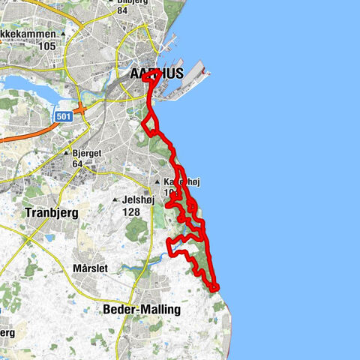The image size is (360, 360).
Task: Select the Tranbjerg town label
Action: point(51,212)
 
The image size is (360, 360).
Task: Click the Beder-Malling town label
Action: point(140,309)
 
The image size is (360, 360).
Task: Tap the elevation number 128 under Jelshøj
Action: point(131,212)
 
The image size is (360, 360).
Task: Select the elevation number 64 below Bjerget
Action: point(77,164)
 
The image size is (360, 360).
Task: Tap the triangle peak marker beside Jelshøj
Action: point(115,200)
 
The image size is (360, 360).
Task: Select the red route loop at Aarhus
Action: point(153,87)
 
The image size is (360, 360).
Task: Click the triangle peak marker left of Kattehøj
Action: point(157,182)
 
